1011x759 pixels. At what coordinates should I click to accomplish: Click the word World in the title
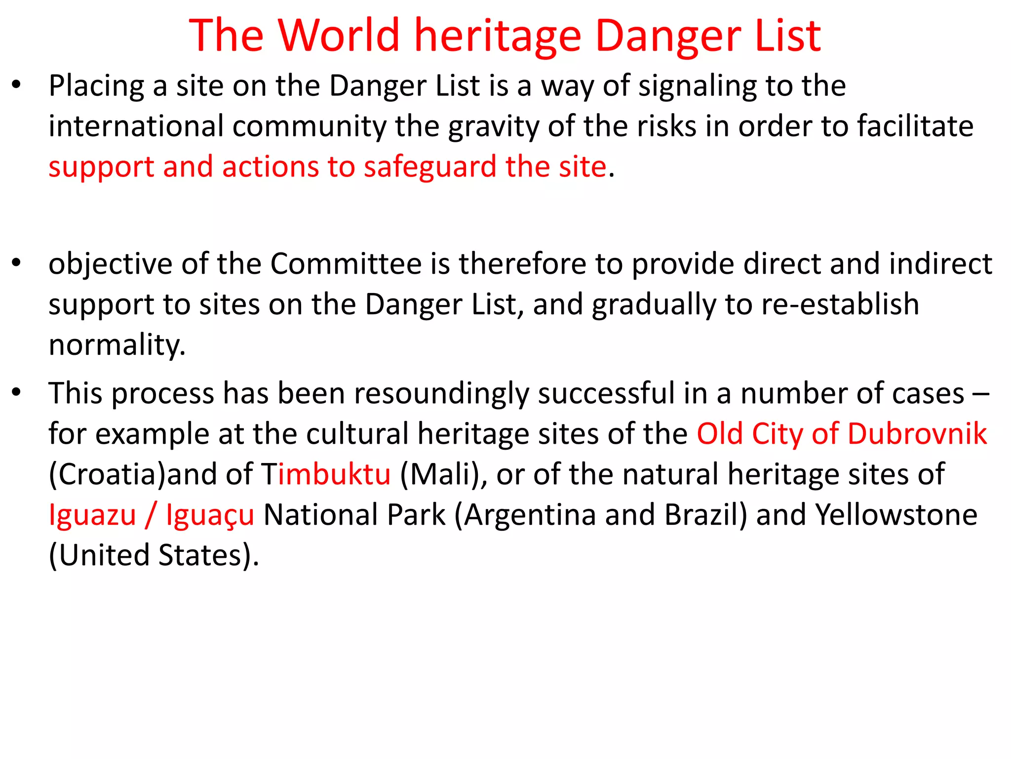click(x=338, y=36)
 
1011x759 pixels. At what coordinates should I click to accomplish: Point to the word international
click(x=136, y=126)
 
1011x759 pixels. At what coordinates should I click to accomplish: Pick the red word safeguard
click(x=429, y=167)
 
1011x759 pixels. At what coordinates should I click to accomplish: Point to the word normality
click(x=117, y=345)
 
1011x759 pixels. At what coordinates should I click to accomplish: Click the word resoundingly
click(x=441, y=394)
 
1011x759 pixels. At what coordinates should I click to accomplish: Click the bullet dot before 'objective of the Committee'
click(x=17, y=263)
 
